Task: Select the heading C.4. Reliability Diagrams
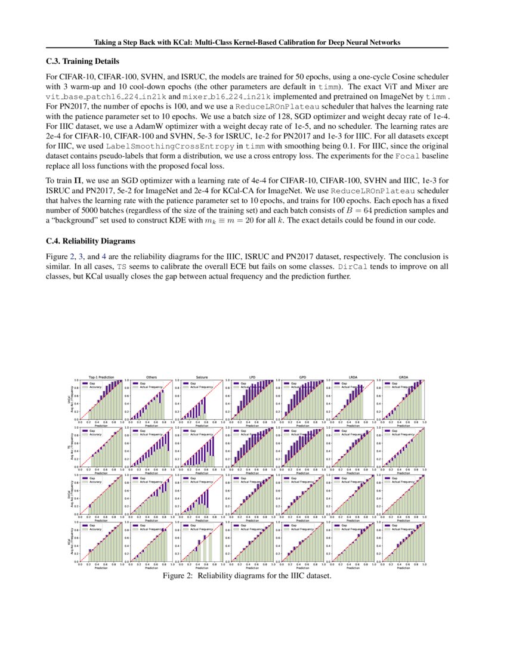pos(91,242)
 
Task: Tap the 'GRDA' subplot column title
pos(403,377)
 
